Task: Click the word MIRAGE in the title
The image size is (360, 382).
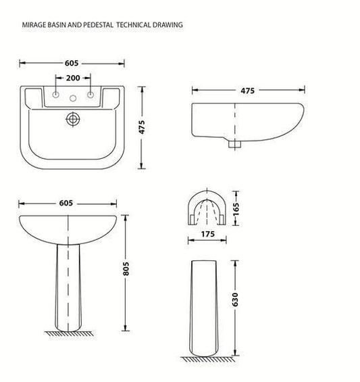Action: [34, 25]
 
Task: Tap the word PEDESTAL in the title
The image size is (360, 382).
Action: [99, 25]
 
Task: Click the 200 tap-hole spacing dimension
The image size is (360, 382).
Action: [72, 78]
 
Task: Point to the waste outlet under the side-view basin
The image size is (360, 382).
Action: [234, 143]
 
